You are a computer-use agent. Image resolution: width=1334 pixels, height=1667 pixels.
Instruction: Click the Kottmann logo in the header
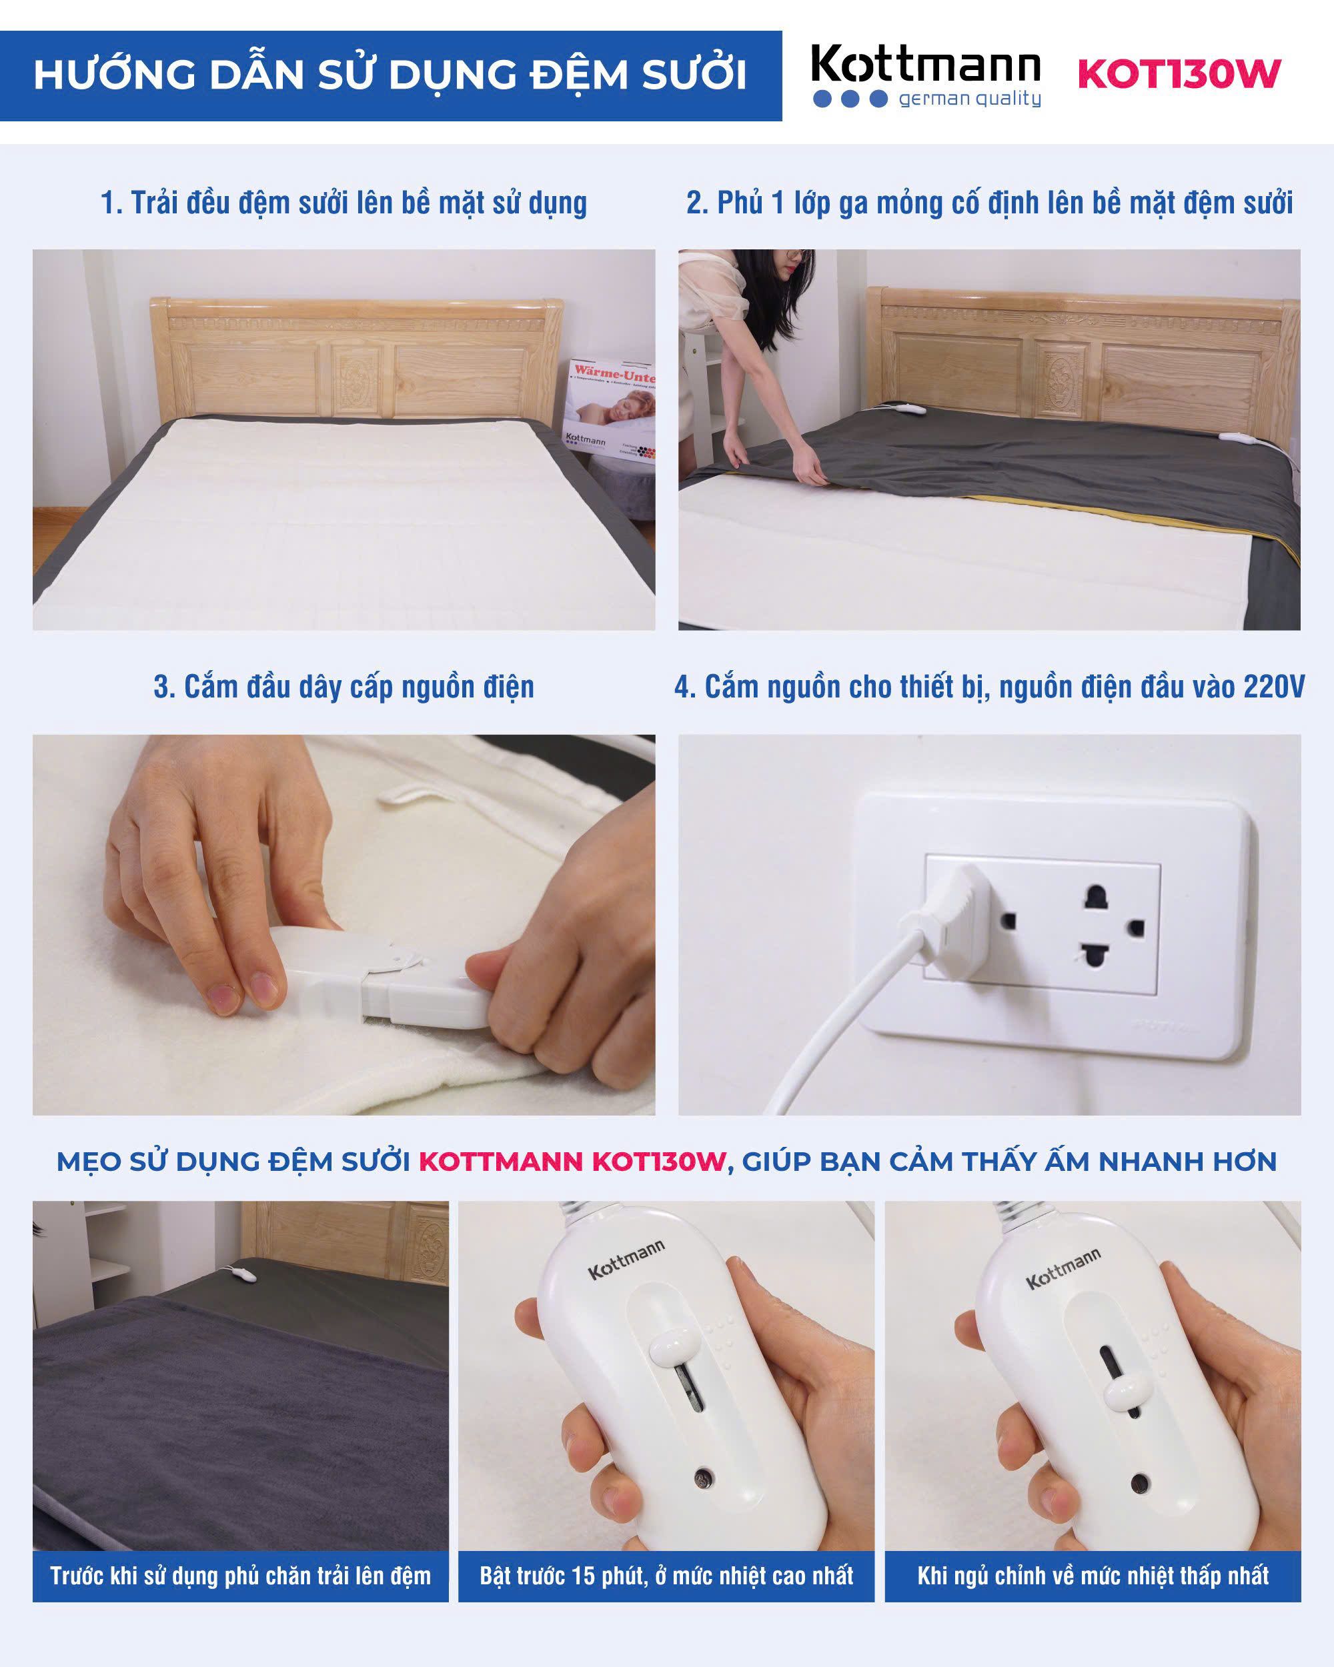[926, 75]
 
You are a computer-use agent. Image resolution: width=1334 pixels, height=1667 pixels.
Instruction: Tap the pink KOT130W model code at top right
[1179, 74]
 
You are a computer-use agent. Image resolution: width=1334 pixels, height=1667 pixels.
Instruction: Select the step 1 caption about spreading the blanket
[344, 203]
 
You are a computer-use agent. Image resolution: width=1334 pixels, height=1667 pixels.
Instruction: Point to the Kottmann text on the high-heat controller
[626, 1260]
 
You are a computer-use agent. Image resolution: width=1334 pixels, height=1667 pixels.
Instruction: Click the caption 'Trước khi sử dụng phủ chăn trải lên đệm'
[241, 1576]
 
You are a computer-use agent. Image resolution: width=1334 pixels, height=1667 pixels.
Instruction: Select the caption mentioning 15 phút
[666, 1576]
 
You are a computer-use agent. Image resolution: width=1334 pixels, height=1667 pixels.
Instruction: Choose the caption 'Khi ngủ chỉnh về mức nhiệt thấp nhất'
[1093, 1576]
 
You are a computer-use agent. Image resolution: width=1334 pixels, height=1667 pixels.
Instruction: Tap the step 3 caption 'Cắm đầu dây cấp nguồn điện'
[344, 687]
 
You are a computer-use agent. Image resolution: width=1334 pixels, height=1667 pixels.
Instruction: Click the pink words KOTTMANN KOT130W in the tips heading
[572, 1162]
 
